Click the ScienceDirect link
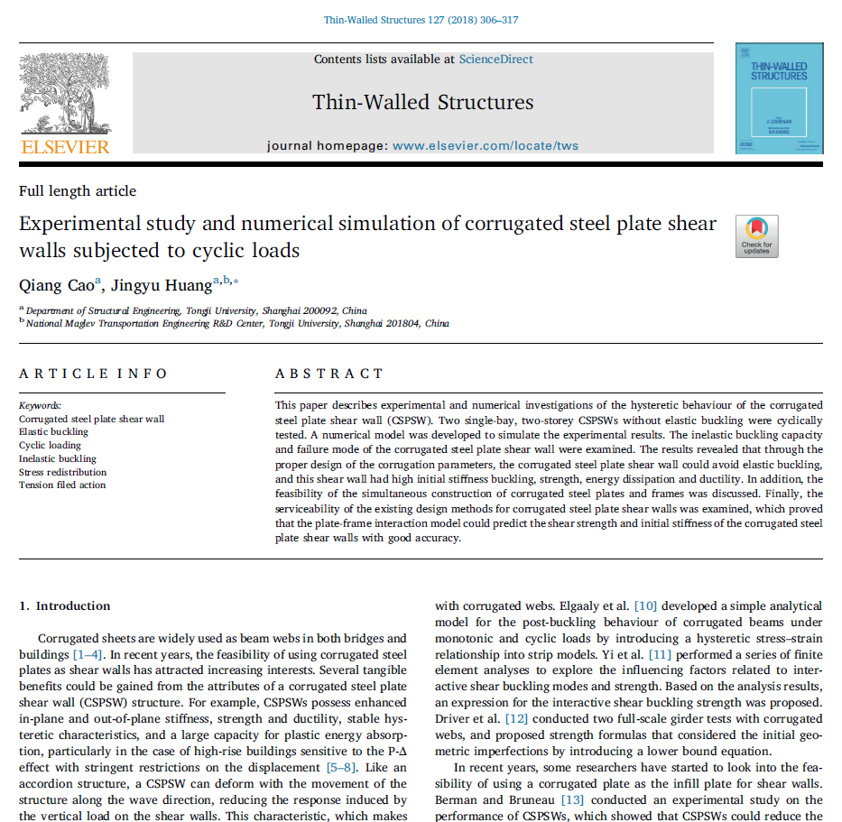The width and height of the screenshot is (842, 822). (x=495, y=60)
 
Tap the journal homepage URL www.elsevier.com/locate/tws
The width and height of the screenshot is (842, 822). (x=486, y=145)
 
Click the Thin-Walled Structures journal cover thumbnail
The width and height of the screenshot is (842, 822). (x=779, y=97)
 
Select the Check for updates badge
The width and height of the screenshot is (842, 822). (x=756, y=236)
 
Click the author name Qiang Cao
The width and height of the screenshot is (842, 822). (x=56, y=287)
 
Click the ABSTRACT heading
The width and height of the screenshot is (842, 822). (x=329, y=374)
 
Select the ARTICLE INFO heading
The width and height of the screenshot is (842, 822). (x=94, y=374)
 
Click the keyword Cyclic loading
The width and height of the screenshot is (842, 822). (x=50, y=445)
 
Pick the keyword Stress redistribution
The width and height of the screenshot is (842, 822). (x=62, y=472)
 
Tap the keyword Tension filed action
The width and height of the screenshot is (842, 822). (x=62, y=485)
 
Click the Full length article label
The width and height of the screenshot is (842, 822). (x=78, y=191)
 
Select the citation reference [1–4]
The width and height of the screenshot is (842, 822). (x=88, y=654)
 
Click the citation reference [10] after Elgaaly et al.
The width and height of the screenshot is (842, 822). (x=646, y=605)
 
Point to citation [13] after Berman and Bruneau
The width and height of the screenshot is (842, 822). (x=573, y=799)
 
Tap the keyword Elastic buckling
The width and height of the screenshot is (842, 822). (x=53, y=431)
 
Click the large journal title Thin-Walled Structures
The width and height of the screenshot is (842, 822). (x=422, y=102)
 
